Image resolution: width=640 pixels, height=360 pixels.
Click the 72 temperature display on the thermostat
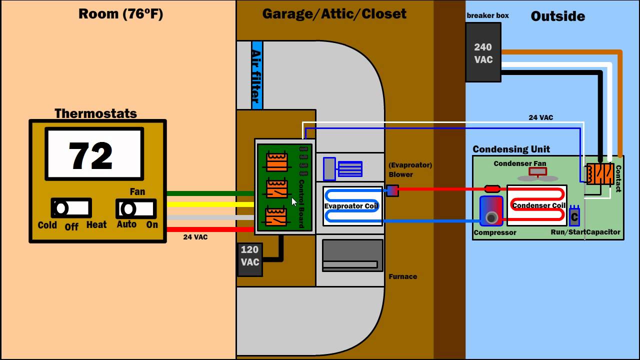tap(94, 154)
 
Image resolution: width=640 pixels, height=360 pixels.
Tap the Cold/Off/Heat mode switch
tap(71, 208)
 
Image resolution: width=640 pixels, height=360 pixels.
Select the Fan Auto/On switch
tap(136, 208)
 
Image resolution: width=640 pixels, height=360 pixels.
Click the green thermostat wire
tap(210, 193)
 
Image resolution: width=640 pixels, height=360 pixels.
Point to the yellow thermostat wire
tap(210, 204)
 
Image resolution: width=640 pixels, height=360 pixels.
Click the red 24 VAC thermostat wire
tap(210, 229)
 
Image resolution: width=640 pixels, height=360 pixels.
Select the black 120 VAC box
tap(249, 259)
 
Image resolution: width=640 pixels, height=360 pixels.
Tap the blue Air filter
tap(256, 75)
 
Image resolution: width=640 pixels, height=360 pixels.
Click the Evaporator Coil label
tap(351, 206)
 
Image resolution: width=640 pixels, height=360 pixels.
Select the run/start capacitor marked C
tap(574, 216)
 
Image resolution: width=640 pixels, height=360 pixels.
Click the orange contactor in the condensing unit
tap(600, 173)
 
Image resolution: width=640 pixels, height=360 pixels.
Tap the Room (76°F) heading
tap(120, 14)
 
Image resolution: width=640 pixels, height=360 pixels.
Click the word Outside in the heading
tap(557, 16)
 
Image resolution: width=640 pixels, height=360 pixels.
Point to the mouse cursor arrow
tap(294, 201)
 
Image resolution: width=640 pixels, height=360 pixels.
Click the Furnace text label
tap(402, 276)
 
